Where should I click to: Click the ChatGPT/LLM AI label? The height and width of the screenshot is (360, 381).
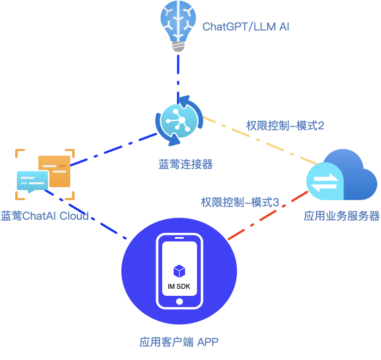pyautogui.click(x=245, y=27)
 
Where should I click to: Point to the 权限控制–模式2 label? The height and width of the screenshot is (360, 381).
pyautogui.click(x=285, y=126)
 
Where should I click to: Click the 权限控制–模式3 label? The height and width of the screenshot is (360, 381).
pyautogui.click(x=240, y=203)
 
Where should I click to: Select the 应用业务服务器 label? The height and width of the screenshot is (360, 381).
pyautogui.click(x=341, y=216)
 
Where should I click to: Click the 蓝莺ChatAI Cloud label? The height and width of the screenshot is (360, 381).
pyautogui.click(x=45, y=216)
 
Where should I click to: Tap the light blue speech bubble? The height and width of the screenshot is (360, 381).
pyautogui.click(x=31, y=181)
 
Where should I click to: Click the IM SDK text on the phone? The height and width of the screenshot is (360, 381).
pyautogui.click(x=179, y=287)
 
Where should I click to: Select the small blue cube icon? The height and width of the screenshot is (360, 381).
pyautogui.click(x=179, y=271)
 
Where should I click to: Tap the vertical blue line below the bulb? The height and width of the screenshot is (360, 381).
pyautogui.click(x=178, y=76)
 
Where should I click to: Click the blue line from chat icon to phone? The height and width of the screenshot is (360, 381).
pyautogui.click(x=87, y=215)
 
